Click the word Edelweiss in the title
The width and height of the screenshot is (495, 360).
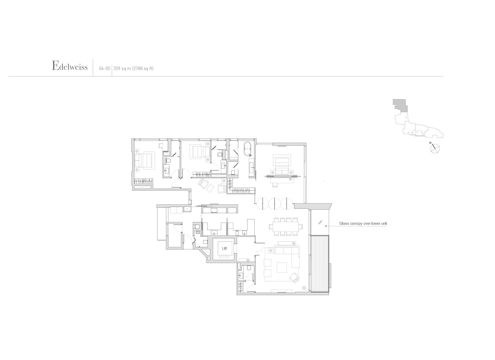(x=70, y=66)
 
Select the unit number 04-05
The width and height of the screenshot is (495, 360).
(x=104, y=69)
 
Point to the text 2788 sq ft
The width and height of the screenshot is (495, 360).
(x=143, y=69)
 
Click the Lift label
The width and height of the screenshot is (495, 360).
(x=224, y=248)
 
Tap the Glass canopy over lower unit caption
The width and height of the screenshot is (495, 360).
(x=363, y=224)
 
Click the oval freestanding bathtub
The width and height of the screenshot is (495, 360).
(x=247, y=149)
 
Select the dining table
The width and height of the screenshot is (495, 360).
(x=285, y=226)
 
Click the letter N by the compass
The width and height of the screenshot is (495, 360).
(x=430, y=143)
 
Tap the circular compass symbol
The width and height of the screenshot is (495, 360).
(x=435, y=149)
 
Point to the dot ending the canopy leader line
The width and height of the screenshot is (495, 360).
(x=326, y=226)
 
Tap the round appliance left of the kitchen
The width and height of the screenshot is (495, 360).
(x=197, y=227)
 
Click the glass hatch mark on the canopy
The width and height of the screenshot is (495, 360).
(x=320, y=222)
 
